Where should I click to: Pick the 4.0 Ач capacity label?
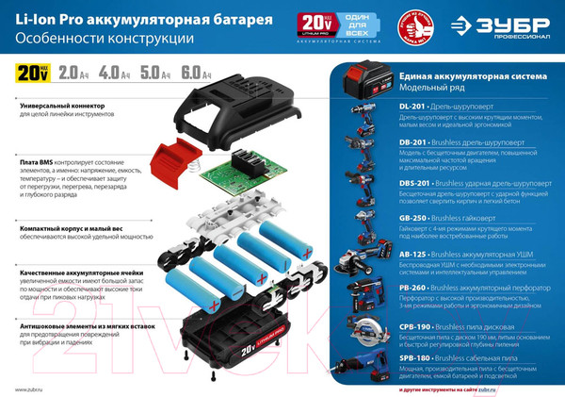pyautogui.click(x=110, y=72)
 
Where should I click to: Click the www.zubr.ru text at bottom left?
pyautogui.click(x=34, y=389)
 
